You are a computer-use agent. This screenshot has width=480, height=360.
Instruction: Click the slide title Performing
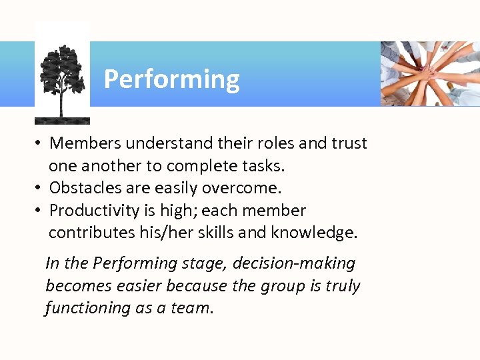(171, 79)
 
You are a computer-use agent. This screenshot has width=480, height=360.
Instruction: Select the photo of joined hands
(430, 73)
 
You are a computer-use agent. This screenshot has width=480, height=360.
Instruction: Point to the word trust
(347, 143)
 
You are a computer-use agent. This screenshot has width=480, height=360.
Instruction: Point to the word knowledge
(317, 233)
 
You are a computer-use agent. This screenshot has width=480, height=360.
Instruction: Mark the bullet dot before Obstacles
(40, 188)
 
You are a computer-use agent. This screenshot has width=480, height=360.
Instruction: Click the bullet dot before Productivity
(40, 211)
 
